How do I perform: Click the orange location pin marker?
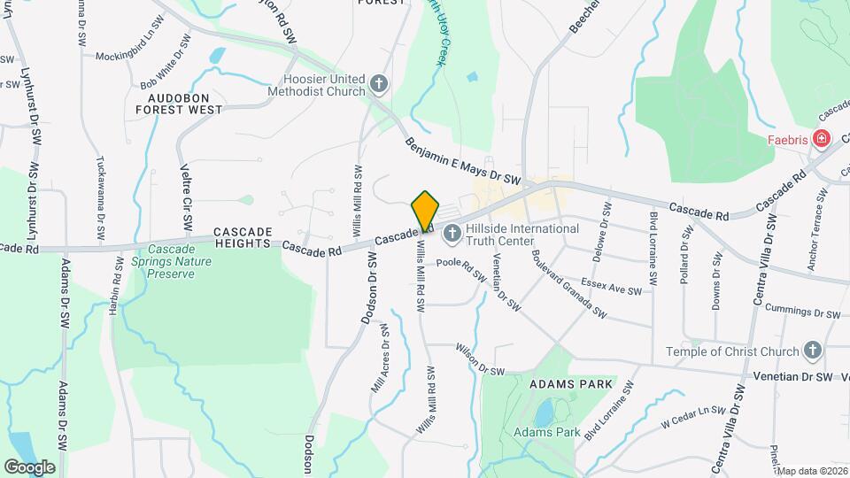(426, 212)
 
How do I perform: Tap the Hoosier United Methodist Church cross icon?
(379, 84)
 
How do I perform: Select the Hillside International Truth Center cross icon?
(452, 234)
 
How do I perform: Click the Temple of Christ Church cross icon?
(813, 351)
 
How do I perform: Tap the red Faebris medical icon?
(822, 139)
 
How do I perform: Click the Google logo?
(29, 466)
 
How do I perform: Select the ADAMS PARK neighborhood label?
(571, 385)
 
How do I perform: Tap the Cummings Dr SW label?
(802, 313)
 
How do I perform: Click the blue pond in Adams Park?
(542, 412)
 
